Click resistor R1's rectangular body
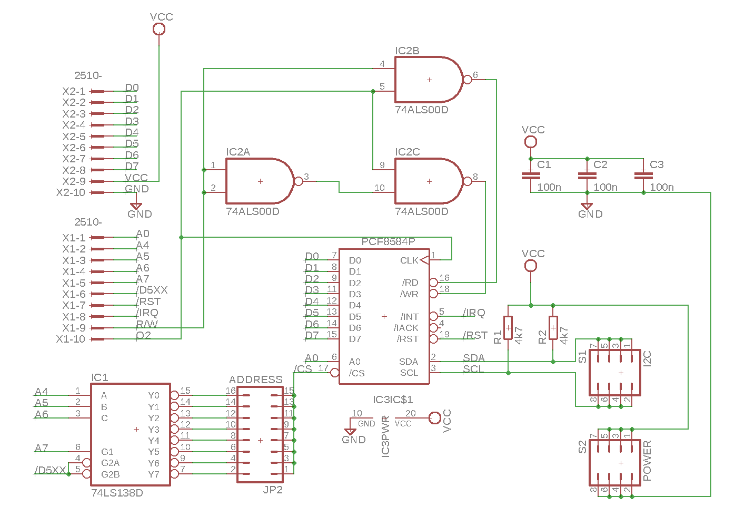pos(508,328)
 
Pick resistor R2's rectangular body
pos(553,328)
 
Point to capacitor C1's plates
pos(530,175)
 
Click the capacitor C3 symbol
pos(643,175)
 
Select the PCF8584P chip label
pos(388,241)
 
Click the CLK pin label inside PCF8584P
pos(409,260)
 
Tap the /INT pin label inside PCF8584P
pos(409,317)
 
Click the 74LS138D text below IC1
pos(117,493)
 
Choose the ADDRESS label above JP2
pos(255,379)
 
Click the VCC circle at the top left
pos(158,29)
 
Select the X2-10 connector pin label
pos(71,192)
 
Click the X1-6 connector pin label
pos(73,294)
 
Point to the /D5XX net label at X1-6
pos(152,290)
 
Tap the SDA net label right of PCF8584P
pos(473,358)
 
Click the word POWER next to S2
pos(647,461)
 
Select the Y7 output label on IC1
pos(153,474)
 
